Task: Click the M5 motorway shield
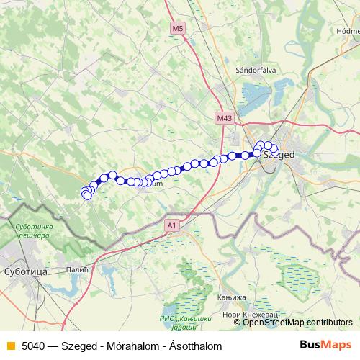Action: (x=178, y=28)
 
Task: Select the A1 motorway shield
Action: (x=171, y=225)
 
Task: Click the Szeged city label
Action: (x=279, y=154)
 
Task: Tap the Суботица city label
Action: (x=25, y=273)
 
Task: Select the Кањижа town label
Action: (x=230, y=297)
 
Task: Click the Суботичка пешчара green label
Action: (x=35, y=231)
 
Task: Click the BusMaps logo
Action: (x=325, y=345)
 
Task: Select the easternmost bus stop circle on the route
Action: (x=274, y=150)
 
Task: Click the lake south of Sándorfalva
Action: (x=256, y=93)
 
